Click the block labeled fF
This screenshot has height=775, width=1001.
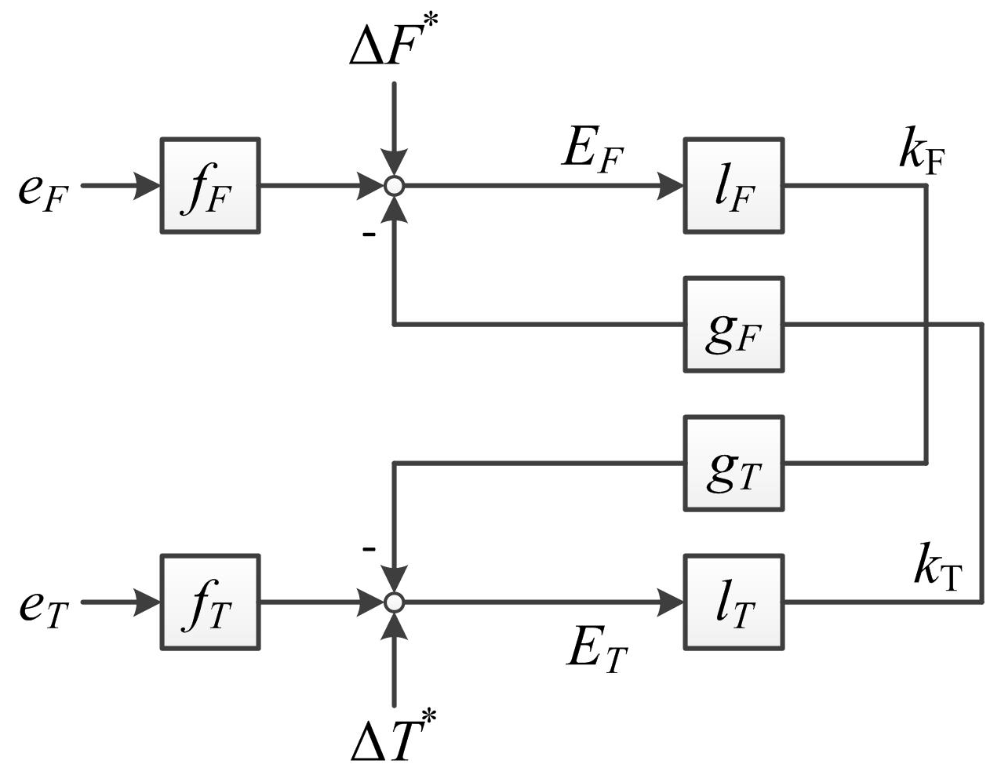[x=209, y=186]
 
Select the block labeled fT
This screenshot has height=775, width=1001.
[x=209, y=602]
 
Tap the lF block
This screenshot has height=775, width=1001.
[x=733, y=186]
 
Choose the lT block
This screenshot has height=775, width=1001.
[x=733, y=602]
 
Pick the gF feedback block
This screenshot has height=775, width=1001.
[x=733, y=324]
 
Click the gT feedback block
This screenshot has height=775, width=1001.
[x=733, y=464]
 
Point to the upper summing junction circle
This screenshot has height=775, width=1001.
[x=395, y=186]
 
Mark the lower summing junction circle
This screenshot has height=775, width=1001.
[x=395, y=602]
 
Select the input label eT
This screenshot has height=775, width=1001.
[x=44, y=608]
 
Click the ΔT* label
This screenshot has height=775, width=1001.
[x=392, y=736]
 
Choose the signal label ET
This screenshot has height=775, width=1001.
[x=596, y=649]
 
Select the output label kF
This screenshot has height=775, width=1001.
[x=922, y=153]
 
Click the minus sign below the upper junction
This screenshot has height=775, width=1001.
[x=369, y=234]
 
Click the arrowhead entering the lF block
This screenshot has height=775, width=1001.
[x=671, y=186]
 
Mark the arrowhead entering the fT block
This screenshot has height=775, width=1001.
[x=147, y=602]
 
